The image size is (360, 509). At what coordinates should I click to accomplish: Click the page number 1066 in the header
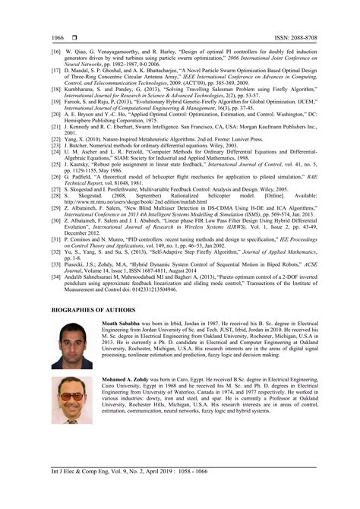click(x=58, y=36)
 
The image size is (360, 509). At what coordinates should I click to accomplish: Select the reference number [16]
click(x=55, y=52)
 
